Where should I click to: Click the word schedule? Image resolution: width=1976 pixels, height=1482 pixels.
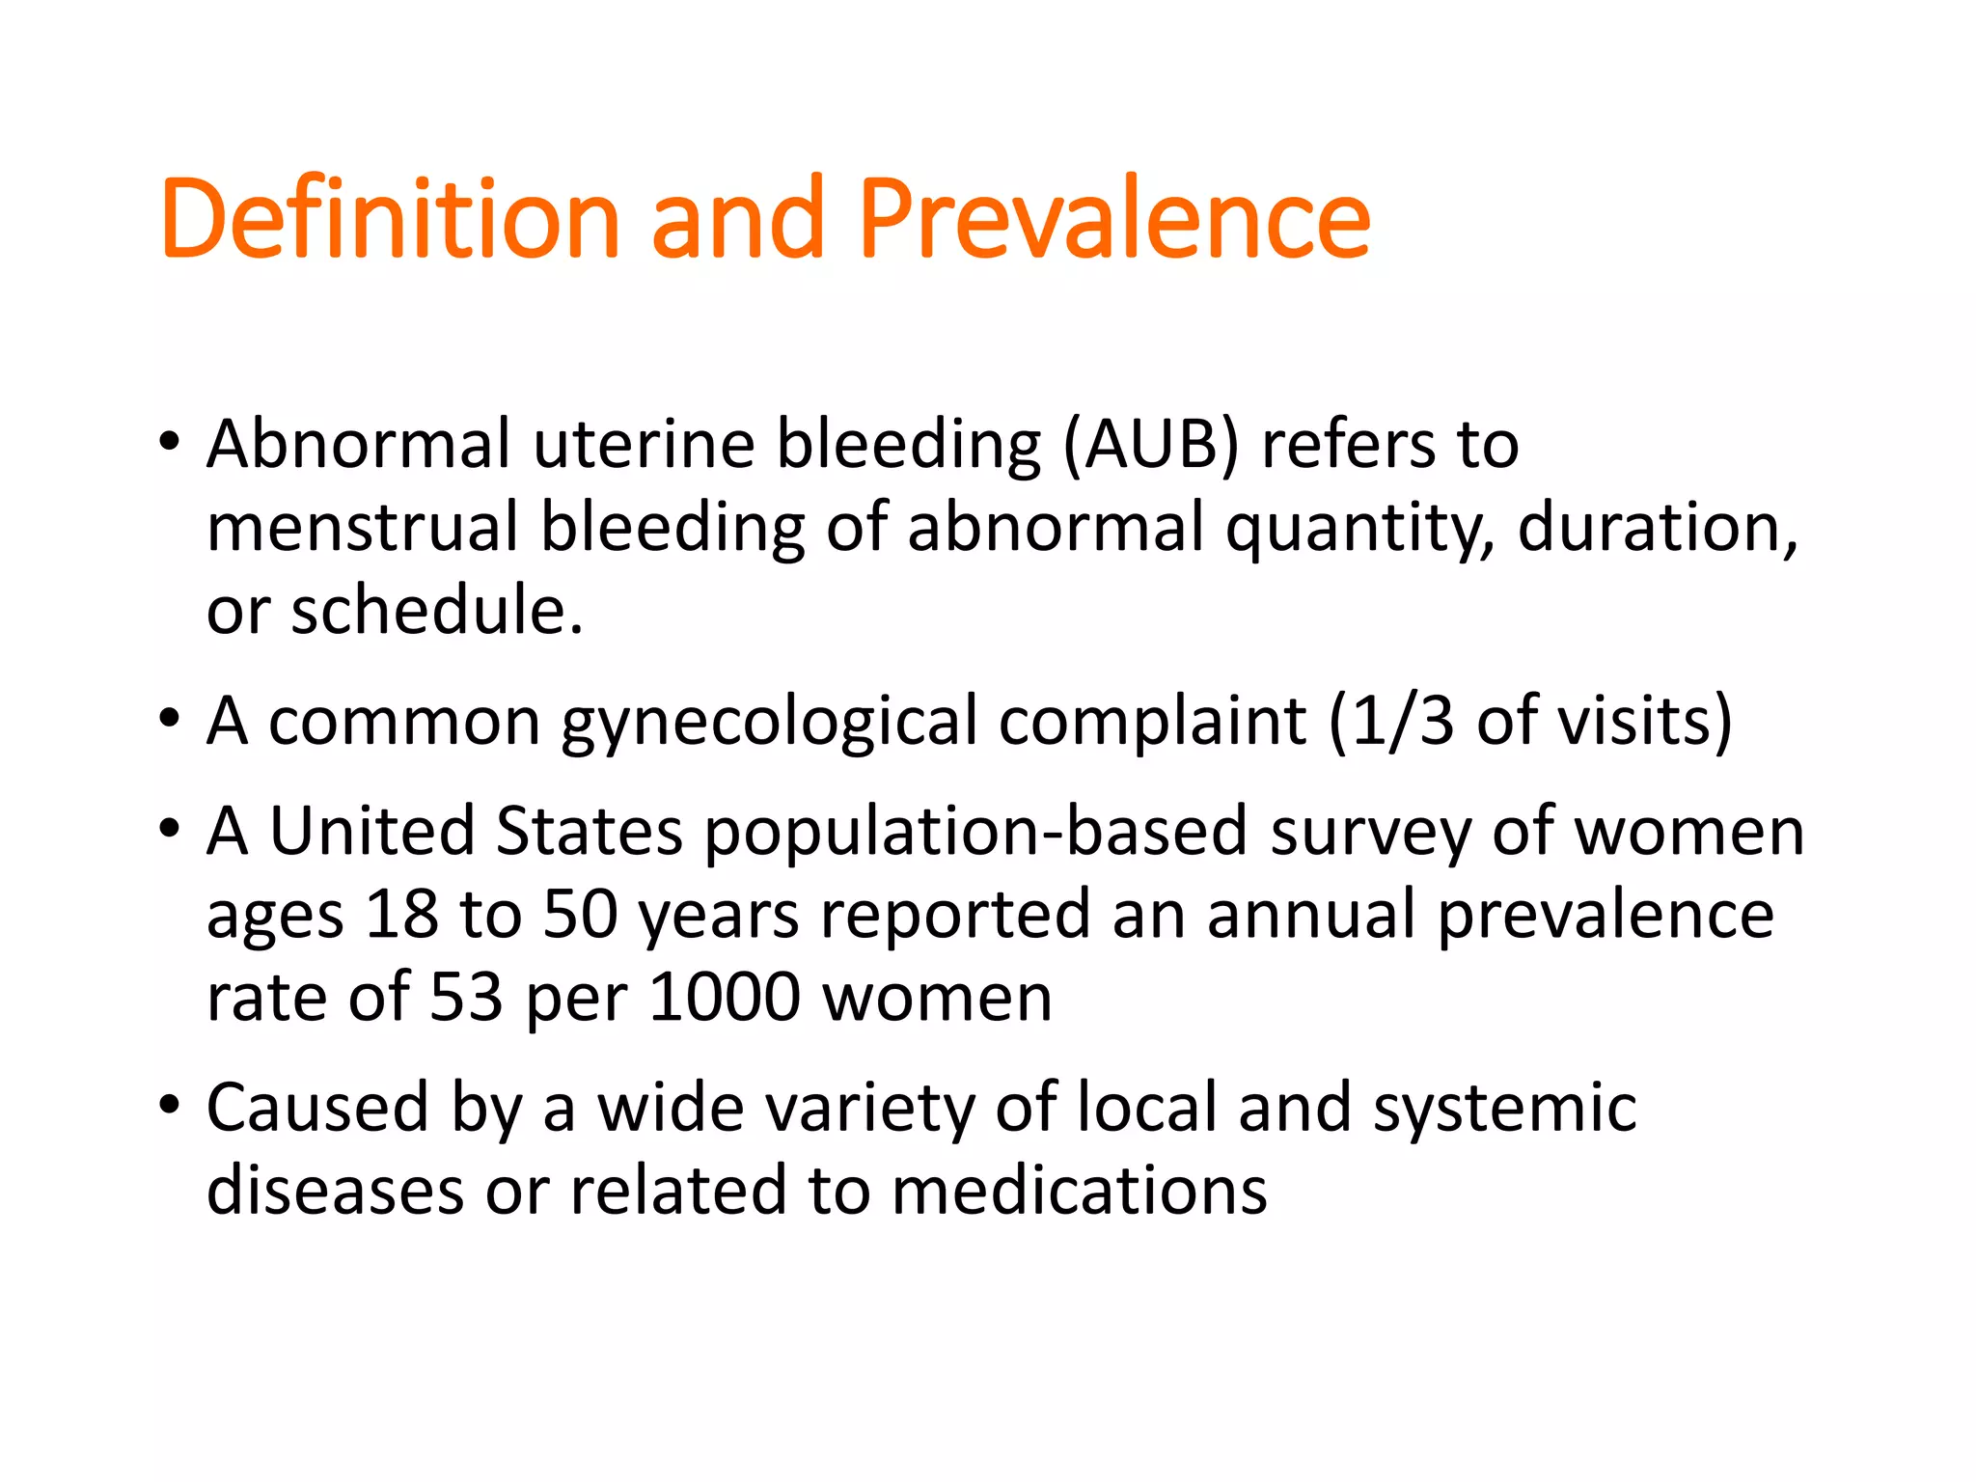click(436, 612)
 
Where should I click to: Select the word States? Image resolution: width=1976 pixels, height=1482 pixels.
click(589, 832)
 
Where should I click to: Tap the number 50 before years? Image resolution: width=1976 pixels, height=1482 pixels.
click(580, 915)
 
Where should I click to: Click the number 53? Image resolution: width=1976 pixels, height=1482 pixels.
click(466, 998)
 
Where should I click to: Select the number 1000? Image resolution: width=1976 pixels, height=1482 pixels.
click(724, 998)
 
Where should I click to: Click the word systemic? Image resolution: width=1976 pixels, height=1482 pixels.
click(1504, 1109)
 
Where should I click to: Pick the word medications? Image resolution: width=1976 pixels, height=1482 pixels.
click(1079, 1192)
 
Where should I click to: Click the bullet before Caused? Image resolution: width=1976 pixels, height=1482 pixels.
click(170, 1105)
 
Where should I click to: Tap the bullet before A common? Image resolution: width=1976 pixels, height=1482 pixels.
click(170, 718)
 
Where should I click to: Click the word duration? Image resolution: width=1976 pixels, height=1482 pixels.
click(1657, 529)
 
